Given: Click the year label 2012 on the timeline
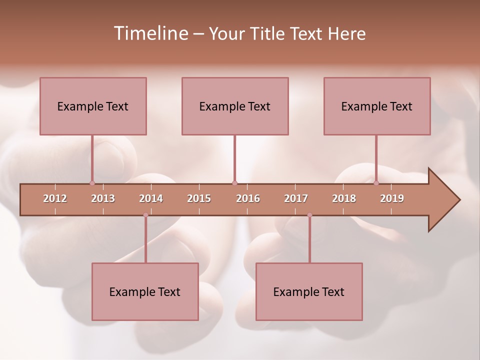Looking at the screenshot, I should tap(55, 198).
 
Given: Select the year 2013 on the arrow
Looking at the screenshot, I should tap(103, 198).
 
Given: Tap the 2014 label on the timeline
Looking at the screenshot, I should tap(151, 198).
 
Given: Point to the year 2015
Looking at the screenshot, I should tap(199, 198).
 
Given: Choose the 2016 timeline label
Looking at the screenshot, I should tap(248, 198).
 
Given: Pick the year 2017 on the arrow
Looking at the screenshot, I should tap(296, 198).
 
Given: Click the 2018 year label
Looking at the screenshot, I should tap(344, 198).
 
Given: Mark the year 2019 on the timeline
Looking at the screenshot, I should tap(392, 198).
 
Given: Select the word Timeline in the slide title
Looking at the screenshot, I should tap(149, 33).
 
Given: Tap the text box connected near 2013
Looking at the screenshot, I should tap(93, 106).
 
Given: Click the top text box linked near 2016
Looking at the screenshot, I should tap(235, 106).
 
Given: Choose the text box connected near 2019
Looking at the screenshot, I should tap(377, 106).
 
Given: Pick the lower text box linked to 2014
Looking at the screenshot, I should tap(145, 291).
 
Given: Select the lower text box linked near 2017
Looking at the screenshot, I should tap(309, 291).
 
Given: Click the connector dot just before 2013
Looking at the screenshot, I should tap(92, 183).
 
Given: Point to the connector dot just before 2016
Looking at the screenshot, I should tap(234, 183).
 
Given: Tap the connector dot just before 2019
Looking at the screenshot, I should tap(376, 183).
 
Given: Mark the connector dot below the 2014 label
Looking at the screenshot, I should tap(145, 215).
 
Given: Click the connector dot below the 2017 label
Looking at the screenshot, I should tap(309, 215).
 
